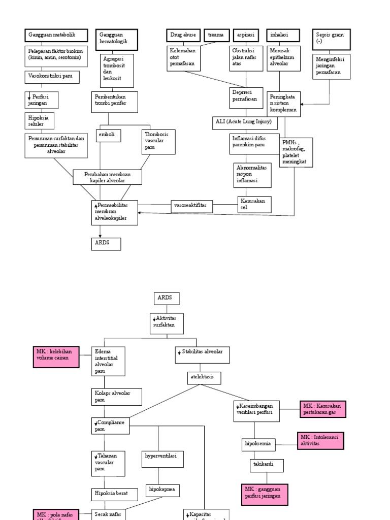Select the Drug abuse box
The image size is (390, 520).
click(x=183, y=35)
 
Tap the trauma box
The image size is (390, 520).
click(x=217, y=35)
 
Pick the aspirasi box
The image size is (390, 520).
click(x=246, y=35)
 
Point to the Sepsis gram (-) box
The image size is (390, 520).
click(x=331, y=38)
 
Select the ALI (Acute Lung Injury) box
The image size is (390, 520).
click(x=246, y=123)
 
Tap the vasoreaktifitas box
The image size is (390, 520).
click(x=191, y=206)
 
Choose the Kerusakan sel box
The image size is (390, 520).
click(x=254, y=204)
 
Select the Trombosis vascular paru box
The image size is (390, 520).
click(x=158, y=141)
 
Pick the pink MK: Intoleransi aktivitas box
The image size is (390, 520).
click(x=320, y=440)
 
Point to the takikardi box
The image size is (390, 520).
click(x=267, y=465)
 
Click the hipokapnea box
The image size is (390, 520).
click(x=162, y=490)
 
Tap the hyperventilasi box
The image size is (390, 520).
click(x=162, y=459)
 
